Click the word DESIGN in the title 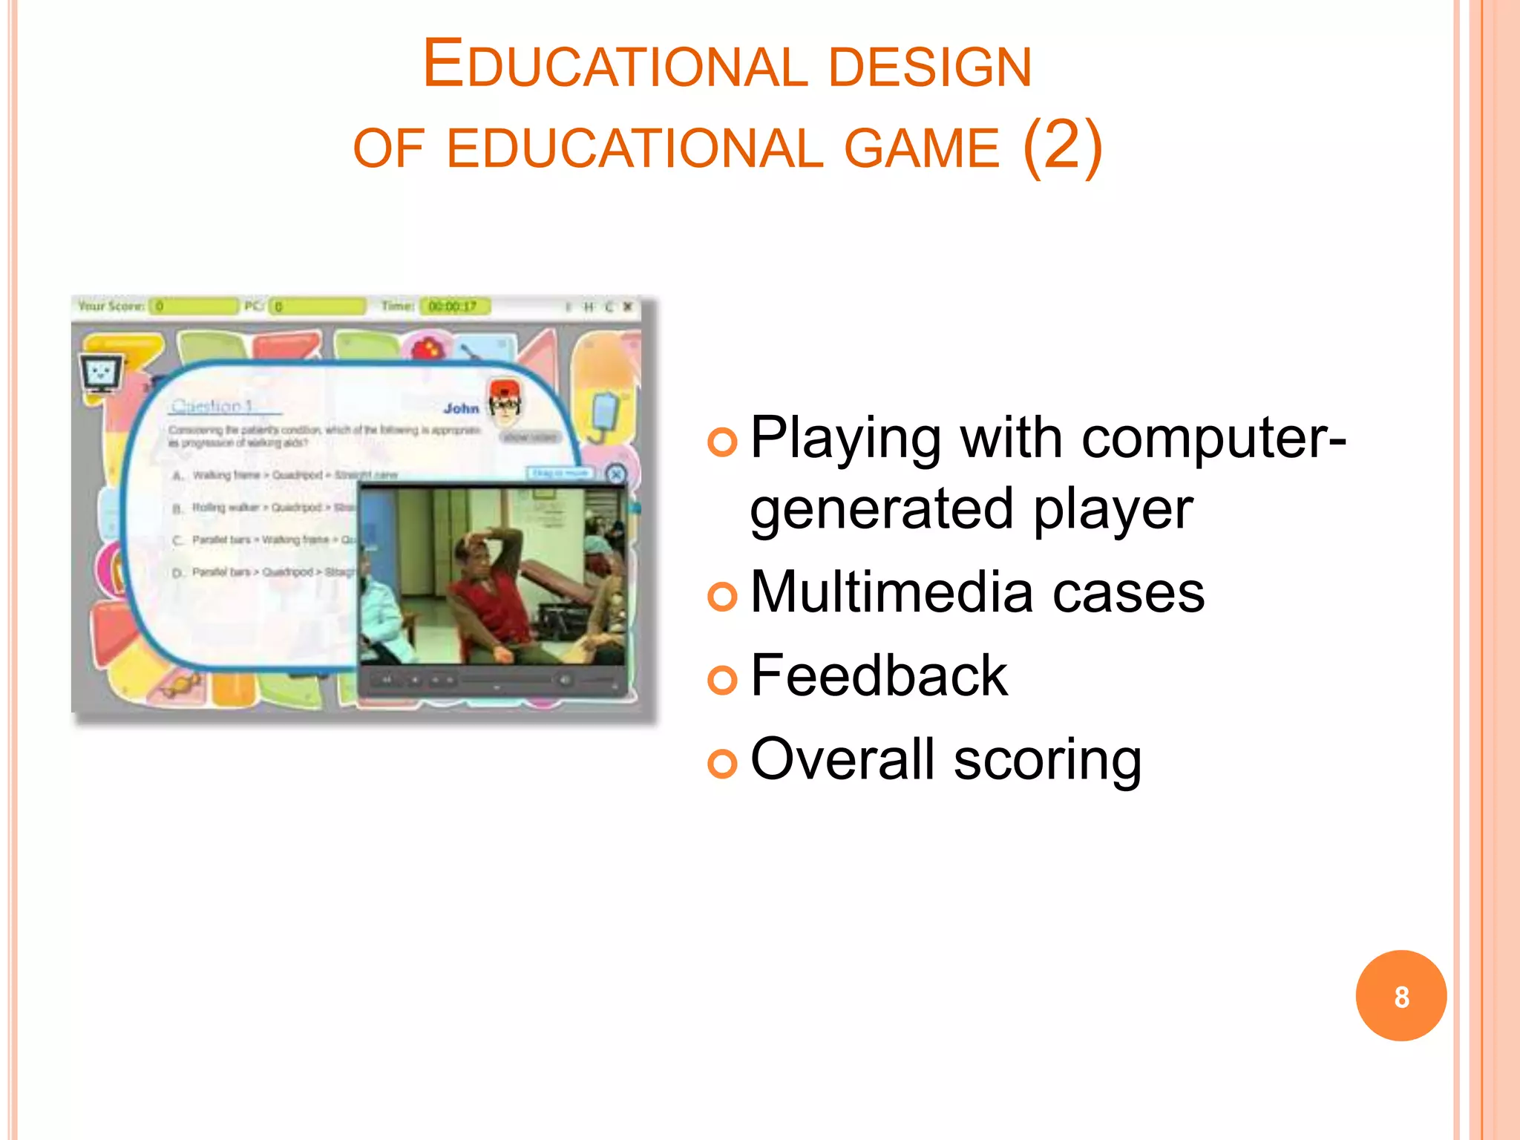tap(929, 67)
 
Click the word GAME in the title tap(922, 148)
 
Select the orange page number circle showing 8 tap(1401, 995)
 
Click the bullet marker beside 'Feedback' tap(722, 678)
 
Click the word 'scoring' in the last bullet tap(1047, 760)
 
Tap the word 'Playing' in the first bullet tap(846, 439)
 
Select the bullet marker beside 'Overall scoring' tap(722, 763)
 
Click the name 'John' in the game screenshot tap(461, 408)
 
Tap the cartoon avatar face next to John tap(505, 402)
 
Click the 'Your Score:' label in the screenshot tap(111, 306)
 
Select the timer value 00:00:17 tap(453, 307)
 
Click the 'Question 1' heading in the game tap(212, 407)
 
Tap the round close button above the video tap(615, 474)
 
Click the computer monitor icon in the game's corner tap(101, 373)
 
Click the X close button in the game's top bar tap(628, 306)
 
